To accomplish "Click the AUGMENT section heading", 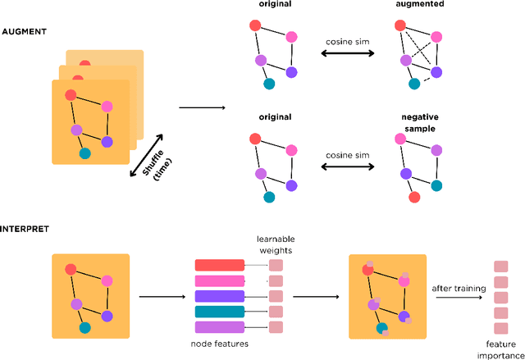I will (x=24, y=30).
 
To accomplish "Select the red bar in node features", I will (x=219, y=266).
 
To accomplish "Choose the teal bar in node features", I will (x=219, y=312).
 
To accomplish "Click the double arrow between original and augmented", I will (x=347, y=53).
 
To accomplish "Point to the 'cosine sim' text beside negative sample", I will (x=347, y=154).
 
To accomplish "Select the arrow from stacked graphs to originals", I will (x=201, y=107).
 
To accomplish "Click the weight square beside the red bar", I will (x=276, y=266).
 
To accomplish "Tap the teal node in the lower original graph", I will (x=269, y=197).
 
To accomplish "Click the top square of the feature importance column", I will (x=500, y=267).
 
